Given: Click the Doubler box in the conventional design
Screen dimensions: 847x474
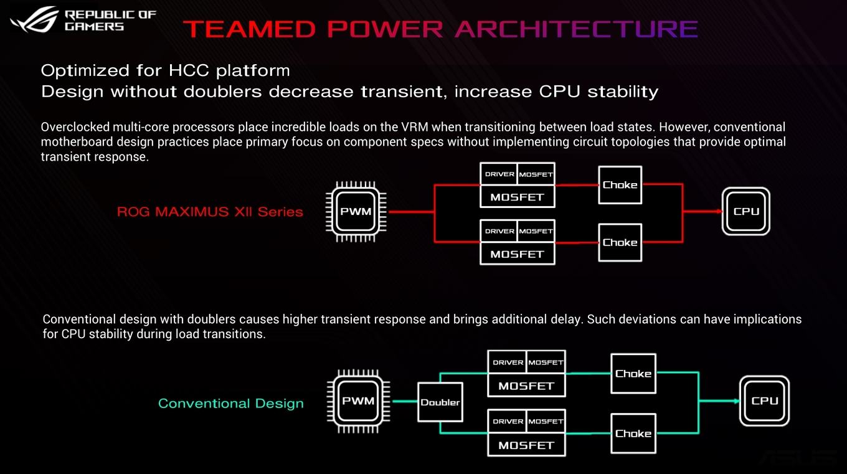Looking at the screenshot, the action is [440, 402].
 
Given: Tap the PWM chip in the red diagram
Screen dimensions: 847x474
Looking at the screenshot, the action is [356, 212].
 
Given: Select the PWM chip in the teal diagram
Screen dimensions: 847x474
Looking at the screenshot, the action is [358, 401].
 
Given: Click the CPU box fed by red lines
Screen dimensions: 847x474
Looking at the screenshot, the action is [745, 211].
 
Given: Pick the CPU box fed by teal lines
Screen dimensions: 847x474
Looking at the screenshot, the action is [764, 401].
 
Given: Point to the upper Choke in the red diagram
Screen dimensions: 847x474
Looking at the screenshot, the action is [620, 185].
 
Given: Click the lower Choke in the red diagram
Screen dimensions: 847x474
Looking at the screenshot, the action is [620, 242].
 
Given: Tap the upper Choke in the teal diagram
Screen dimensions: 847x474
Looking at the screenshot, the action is [633, 374].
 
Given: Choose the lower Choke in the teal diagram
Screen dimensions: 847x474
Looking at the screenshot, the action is [633, 434].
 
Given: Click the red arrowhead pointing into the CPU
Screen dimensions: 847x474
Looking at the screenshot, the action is [719, 211].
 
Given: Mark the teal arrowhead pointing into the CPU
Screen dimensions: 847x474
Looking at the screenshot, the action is [737, 401].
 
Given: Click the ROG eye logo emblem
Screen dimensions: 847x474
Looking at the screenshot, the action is [35, 19].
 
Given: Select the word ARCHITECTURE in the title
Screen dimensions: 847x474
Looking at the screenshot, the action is [576, 29].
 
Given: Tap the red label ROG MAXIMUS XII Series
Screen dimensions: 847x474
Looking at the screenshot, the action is [210, 212].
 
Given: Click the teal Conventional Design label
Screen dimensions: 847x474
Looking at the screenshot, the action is [230, 403].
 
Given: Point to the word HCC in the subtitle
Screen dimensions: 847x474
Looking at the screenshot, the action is [189, 70].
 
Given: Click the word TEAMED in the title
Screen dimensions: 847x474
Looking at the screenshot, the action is [249, 29].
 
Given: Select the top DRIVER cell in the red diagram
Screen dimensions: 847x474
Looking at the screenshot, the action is [499, 174].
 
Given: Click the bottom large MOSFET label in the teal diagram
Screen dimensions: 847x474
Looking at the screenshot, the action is [526, 445].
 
